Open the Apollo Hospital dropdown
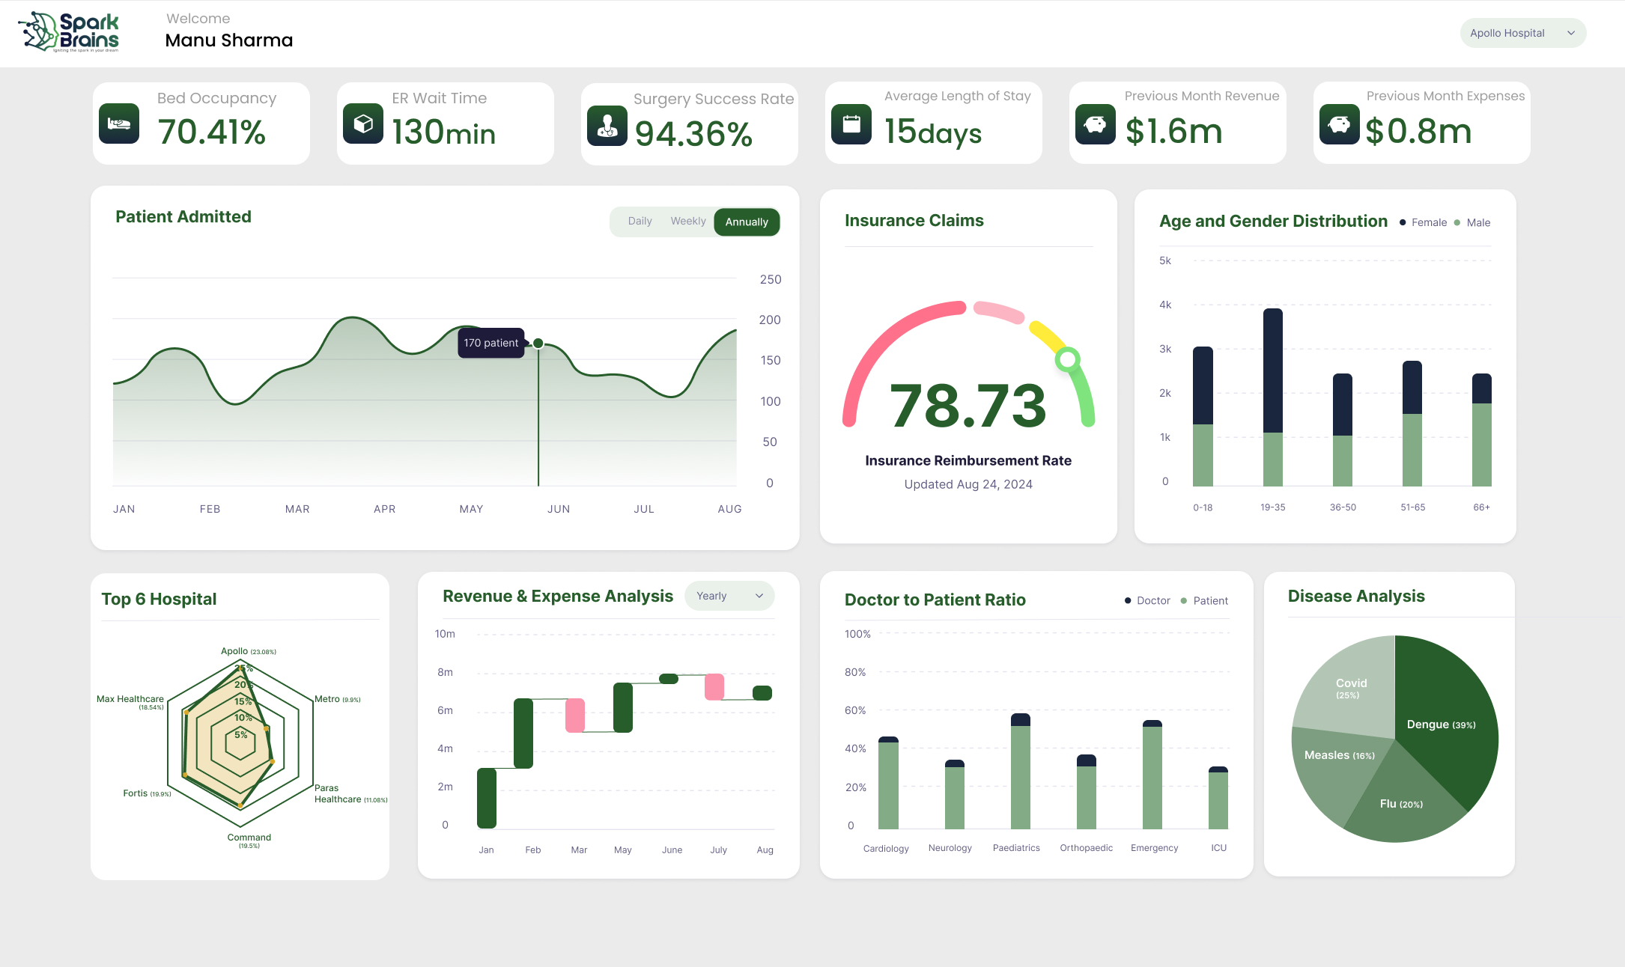point(1522,33)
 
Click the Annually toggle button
point(747,222)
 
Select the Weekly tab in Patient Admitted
point(687,222)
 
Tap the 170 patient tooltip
point(490,343)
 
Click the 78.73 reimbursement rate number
point(968,406)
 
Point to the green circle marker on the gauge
point(1067,359)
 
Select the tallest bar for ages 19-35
point(1272,370)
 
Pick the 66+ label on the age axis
point(1481,507)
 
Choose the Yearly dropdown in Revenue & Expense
point(729,596)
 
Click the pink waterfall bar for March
point(575,715)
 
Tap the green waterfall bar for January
point(487,798)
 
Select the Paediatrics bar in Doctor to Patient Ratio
point(1020,771)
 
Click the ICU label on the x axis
point(1218,848)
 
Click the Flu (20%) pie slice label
point(1400,804)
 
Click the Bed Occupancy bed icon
point(119,123)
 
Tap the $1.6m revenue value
point(1173,132)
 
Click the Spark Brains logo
point(69,32)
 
